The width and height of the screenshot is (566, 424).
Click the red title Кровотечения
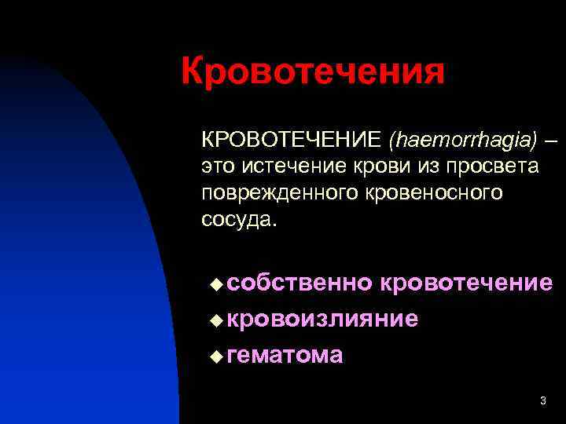[x=313, y=73]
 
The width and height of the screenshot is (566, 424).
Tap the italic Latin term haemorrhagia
[x=462, y=140]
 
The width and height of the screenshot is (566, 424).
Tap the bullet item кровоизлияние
[x=322, y=319]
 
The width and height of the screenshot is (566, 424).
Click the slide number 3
[x=542, y=401]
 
